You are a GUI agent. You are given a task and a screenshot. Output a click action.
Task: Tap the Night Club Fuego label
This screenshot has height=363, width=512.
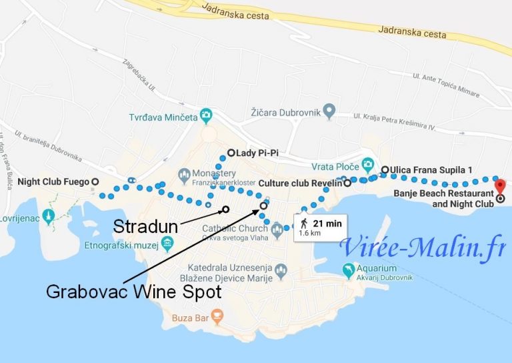(x=53, y=181)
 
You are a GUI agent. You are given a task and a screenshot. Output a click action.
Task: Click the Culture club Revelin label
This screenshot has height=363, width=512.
(x=299, y=182)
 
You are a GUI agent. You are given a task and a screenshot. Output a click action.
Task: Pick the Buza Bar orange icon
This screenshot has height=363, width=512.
(x=217, y=315)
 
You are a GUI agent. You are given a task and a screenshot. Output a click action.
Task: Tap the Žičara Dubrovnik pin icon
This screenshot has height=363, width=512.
(x=329, y=110)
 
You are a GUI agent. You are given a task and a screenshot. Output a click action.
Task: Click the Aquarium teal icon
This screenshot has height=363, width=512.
(x=347, y=270)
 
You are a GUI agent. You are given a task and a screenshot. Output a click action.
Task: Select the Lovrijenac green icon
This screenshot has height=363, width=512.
(x=47, y=217)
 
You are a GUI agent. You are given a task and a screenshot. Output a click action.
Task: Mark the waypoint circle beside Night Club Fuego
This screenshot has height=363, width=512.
(x=95, y=181)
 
